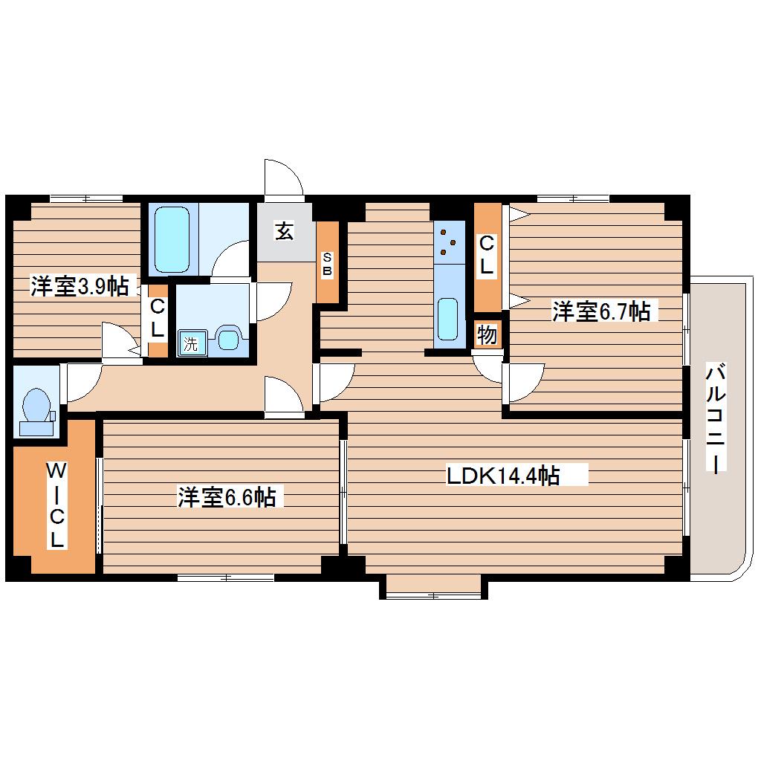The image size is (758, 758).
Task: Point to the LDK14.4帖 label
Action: pos(503,476)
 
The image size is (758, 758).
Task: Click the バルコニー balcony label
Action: pos(716,418)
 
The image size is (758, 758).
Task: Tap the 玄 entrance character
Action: pos(284,231)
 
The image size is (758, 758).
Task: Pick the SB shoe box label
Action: pos(327,264)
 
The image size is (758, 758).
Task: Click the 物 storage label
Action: pos(487,334)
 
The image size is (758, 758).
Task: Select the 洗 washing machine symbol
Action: pos(192,343)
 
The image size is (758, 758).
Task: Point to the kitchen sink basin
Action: pos(447,319)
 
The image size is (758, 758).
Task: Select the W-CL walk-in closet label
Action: pos(56,505)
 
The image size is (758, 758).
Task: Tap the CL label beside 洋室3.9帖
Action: pos(158,317)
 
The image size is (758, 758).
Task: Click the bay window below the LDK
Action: pos(434,586)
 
